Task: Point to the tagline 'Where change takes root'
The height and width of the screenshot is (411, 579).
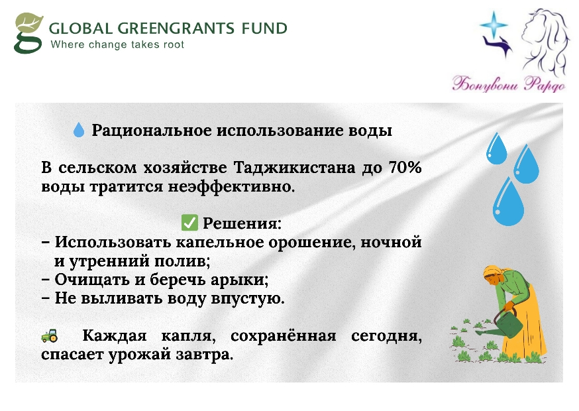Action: click(117, 44)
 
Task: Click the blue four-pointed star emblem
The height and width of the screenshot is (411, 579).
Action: click(494, 25)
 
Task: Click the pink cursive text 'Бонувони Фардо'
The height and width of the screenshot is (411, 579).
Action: click(509, 84)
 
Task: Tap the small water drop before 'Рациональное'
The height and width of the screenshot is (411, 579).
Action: click(79, 130)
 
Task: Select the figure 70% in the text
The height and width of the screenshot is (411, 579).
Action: click(405, 168)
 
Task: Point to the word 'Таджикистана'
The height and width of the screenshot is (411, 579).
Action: click(294, 168)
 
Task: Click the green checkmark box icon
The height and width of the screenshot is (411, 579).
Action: click(190, 223)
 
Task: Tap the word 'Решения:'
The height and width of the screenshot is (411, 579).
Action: click(242, 223)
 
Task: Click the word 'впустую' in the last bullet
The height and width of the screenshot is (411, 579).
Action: click(247, 299)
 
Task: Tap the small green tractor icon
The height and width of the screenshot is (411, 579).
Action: click(50, 335)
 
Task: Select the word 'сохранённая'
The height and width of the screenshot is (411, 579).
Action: click(284, 336)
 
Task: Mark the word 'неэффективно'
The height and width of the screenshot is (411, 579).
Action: click(231, 187)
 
